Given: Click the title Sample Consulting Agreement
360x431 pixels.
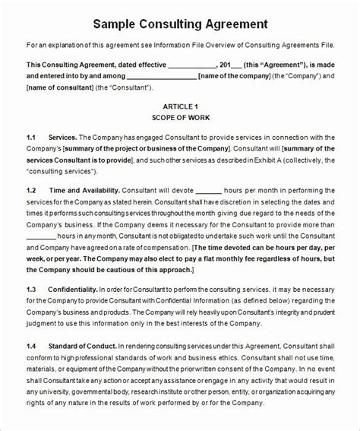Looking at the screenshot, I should [180, 24].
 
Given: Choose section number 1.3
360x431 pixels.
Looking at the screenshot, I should [32, 290].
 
